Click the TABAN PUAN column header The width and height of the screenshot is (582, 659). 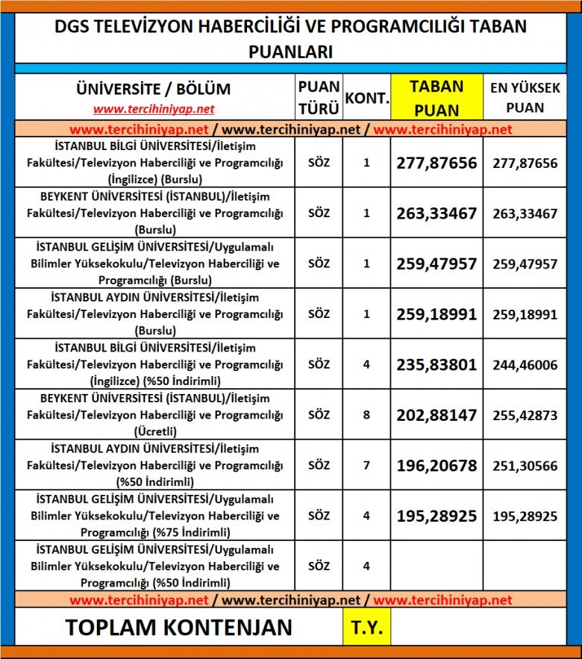point(436,98)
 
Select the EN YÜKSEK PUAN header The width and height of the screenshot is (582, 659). point(526,98)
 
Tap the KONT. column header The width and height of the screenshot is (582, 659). point(366,99)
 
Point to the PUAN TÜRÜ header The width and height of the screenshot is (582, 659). point(319,98)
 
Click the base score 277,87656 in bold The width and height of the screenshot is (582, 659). point(436,163)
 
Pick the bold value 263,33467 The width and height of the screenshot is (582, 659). point(436,213)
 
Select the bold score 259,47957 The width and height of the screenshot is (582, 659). point(436,264)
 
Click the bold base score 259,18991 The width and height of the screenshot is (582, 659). point(436,314)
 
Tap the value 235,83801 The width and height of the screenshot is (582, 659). point(436,365)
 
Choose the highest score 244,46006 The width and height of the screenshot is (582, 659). point(525,365)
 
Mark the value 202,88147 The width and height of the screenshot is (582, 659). point(436,415)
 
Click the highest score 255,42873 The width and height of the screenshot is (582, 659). point(525,415)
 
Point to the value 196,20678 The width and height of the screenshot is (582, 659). point(436,466)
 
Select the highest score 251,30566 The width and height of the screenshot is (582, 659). point(525,466)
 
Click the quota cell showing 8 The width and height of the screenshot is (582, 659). point(366,415)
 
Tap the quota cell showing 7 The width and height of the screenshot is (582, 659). point(366,466)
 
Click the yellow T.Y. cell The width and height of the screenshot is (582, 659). point(366,628)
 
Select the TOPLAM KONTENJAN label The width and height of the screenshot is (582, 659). point(179,628)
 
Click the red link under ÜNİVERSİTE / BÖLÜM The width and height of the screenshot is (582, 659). point(154,109)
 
